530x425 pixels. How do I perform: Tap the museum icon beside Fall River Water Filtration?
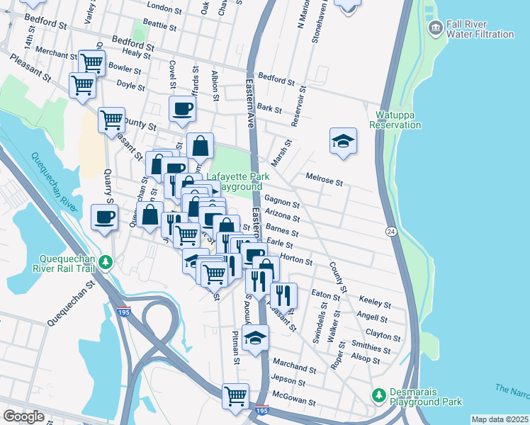pos(435,28)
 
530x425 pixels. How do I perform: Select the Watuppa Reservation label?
pos(395,119)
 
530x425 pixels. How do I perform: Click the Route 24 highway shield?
pos(390,232)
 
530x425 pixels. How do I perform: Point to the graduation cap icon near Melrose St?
pos(343,140)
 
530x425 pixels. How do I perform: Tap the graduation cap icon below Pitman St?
pos(255,339)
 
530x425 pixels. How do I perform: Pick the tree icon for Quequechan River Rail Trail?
pos(106,262)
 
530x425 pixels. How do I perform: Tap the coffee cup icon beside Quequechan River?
pos(105,217)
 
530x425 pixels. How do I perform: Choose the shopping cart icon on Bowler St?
pos(91,62)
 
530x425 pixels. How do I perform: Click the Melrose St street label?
pos(324,180)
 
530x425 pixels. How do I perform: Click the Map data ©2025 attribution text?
pos(500,419)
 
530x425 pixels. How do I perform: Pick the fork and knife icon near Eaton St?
pos(283,295)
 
